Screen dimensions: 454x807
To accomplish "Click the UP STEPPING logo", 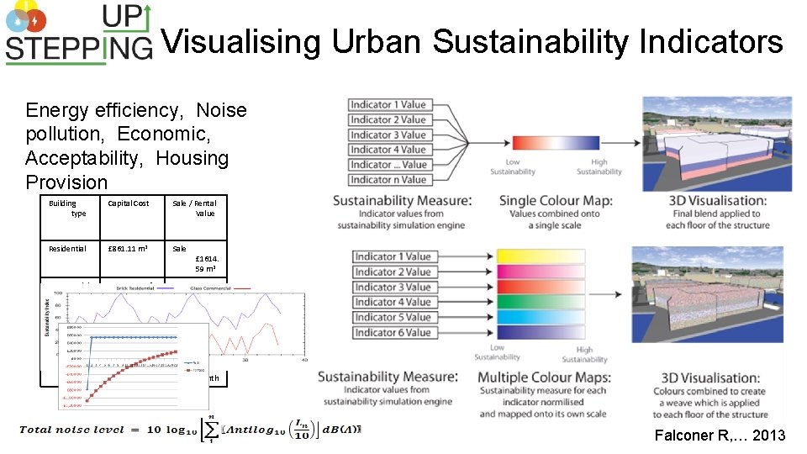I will coord(78,34).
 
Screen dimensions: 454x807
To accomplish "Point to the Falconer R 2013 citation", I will coord(720,435).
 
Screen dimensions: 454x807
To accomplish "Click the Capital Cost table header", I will coord(129,203).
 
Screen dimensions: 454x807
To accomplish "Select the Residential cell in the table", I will coord(67,249).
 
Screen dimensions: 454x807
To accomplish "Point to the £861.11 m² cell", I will coord(128,249).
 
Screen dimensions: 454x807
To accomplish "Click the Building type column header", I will coord(64,208).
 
